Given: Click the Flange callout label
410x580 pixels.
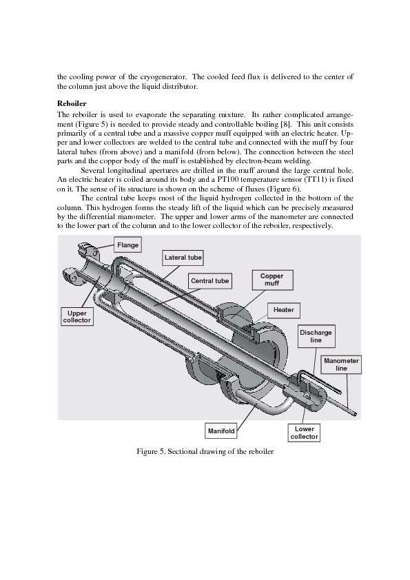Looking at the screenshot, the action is [127, 245].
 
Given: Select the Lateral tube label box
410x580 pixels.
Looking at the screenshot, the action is [183, 258].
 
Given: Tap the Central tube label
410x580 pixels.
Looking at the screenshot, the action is [209, 281].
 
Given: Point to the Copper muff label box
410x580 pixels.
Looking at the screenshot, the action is [272, 280].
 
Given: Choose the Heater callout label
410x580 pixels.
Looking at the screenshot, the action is [283, 310].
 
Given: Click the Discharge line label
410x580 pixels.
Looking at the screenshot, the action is [316, 336].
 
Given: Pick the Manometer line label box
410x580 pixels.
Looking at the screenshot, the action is [341, 364].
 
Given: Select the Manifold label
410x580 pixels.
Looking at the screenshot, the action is [221, 431].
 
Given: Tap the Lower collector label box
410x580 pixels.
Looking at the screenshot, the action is [304, 433].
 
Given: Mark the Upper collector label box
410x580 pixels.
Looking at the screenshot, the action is [77, 317].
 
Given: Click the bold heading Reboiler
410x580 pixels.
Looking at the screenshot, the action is [72, 103].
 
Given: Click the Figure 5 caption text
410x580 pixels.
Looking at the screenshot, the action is [205, 451].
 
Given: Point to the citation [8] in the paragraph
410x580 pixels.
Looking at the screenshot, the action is [287, 124].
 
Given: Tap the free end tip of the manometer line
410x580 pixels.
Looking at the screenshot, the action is [356, 414].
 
